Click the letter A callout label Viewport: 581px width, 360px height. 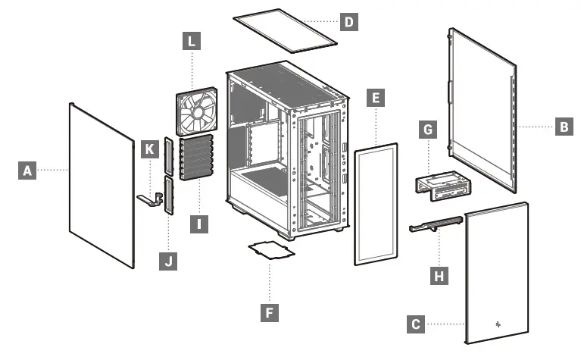pos(27,171)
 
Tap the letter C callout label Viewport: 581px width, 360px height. pos(415,324)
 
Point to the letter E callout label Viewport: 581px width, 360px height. pos(373,97)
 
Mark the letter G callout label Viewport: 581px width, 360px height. pos(428,130)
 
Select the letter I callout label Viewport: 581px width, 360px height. pos(198,224)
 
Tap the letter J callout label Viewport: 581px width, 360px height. pos(167,261)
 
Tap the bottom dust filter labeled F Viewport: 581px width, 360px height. pos(270,252)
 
